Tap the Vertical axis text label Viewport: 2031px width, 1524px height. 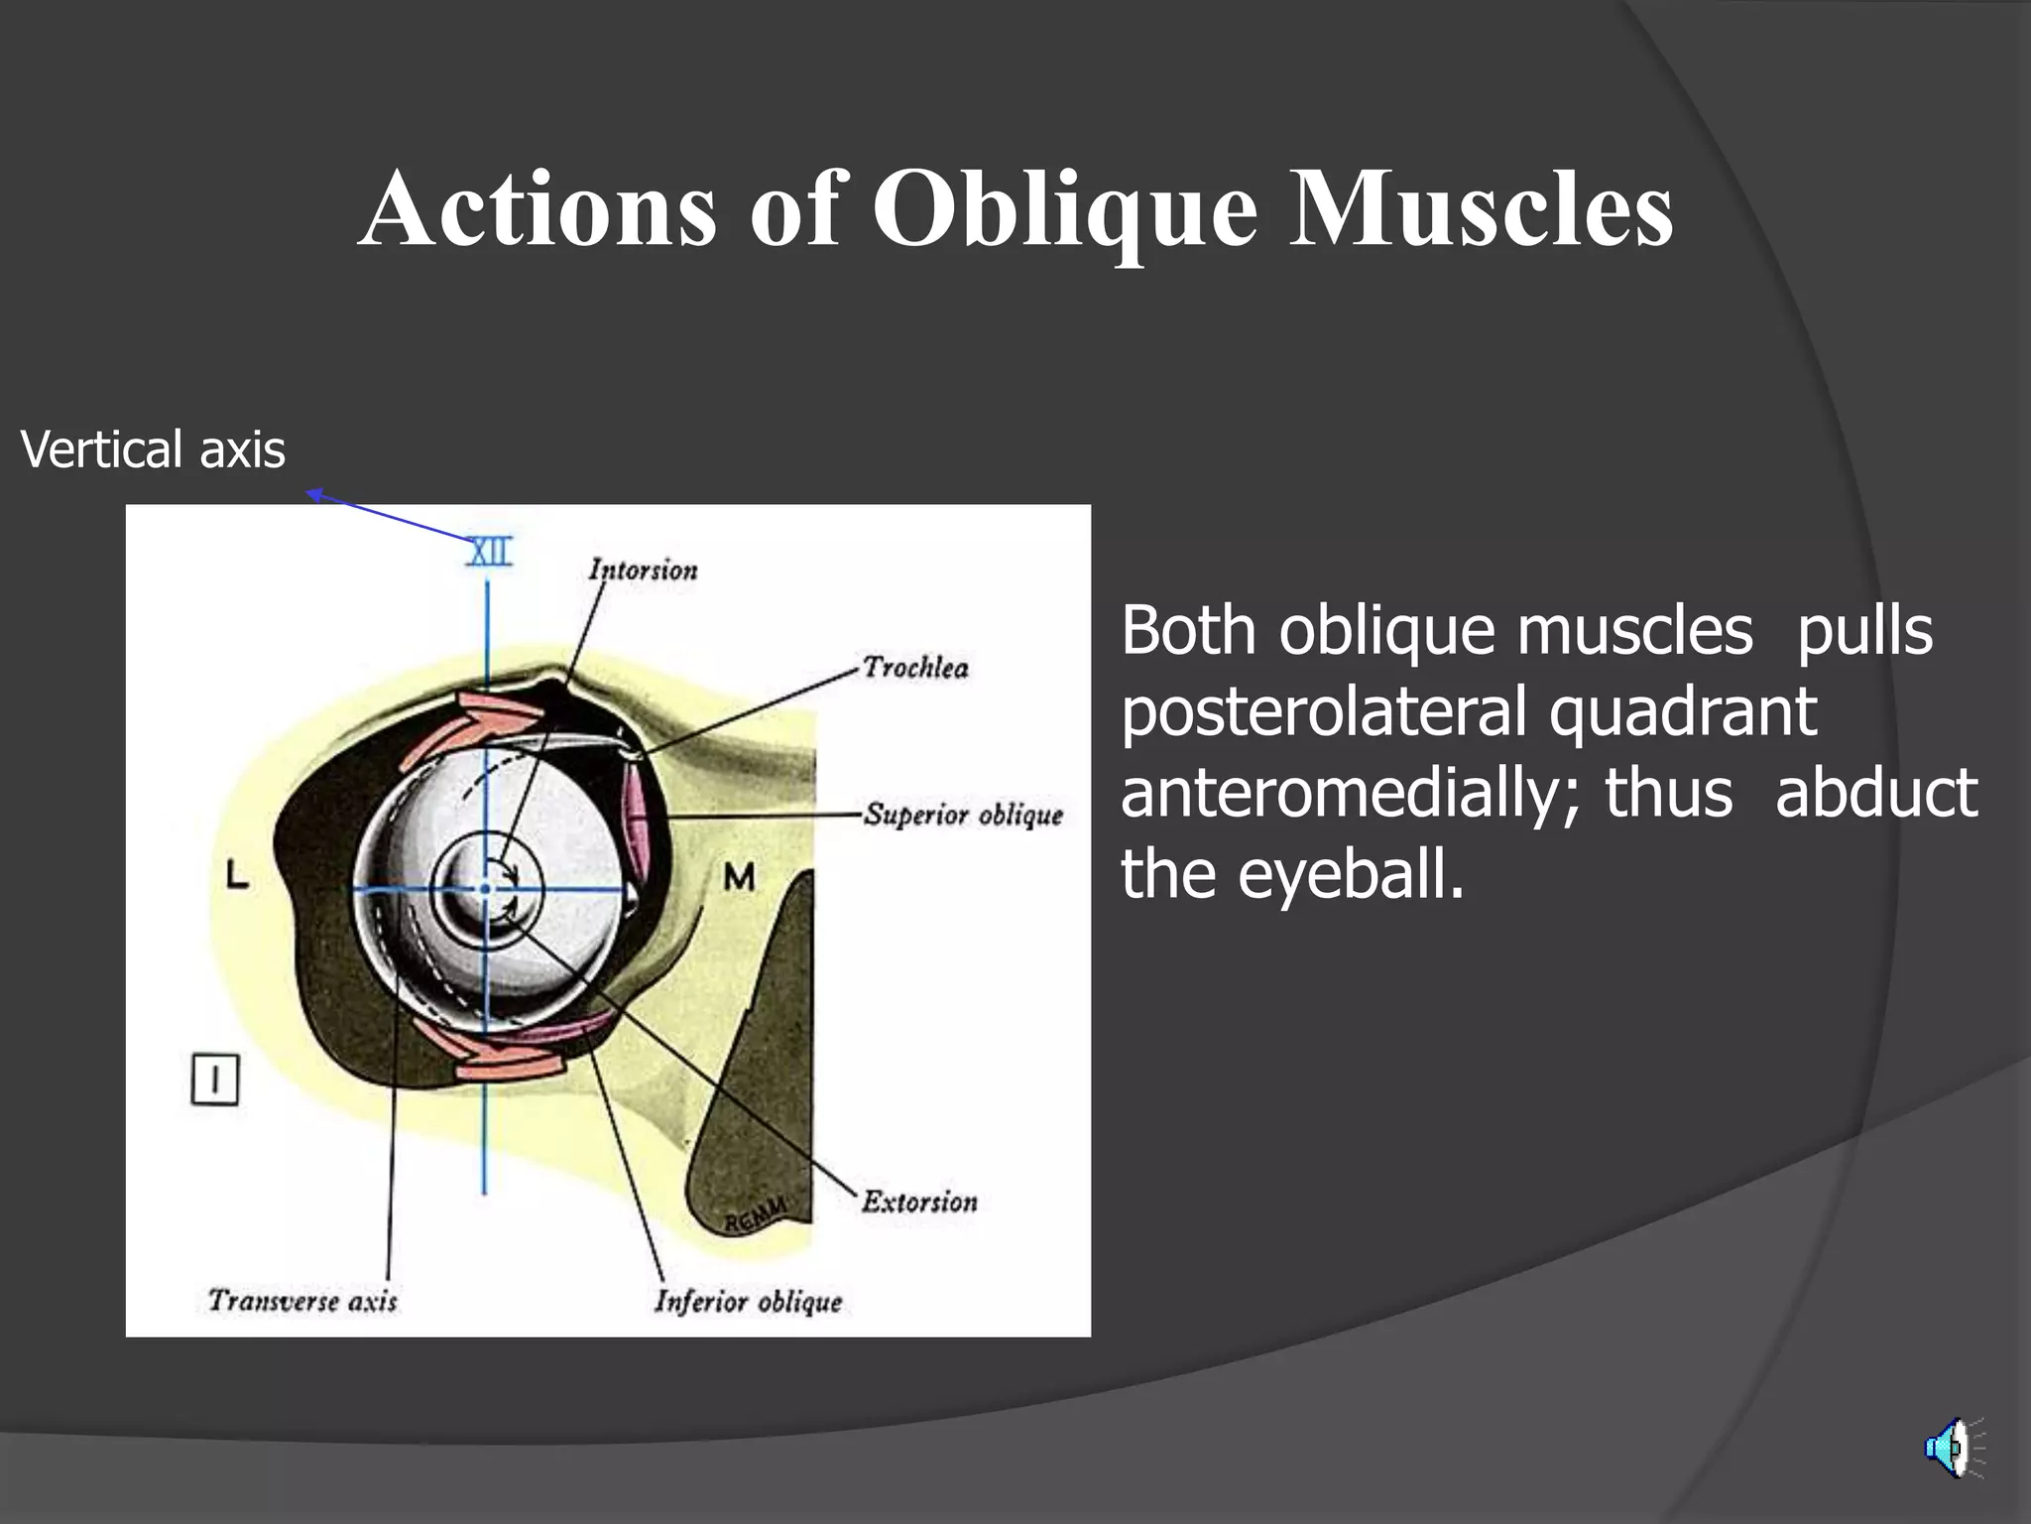click(153, 449)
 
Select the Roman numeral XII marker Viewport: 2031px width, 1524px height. click(490, 553)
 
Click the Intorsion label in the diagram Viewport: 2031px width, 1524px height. click(644, 570)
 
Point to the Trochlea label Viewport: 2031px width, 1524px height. click(915, 667)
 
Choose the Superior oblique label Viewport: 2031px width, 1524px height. click(963, 815)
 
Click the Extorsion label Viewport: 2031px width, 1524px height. click(919, 1202)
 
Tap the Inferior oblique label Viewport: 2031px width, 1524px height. click(748, 1301)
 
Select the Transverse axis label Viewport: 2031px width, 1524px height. click(302, 1301)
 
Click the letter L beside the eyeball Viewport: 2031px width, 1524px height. click(237, 875)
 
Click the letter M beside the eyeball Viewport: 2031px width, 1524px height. click(739, 877)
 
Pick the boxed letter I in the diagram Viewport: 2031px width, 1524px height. click(214, 1079)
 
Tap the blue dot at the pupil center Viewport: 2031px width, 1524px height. click(485, 889)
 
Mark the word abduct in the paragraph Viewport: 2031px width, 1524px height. click(1875, 794)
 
